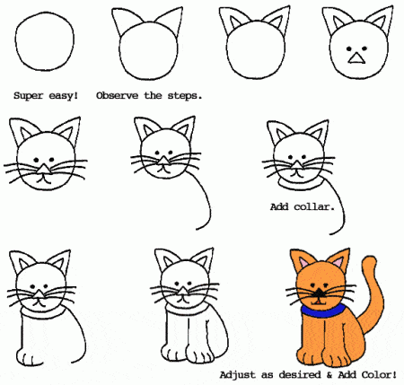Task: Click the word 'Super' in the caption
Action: tap(31, 93)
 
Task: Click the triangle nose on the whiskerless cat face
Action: tap(356, 59)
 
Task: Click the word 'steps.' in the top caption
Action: tap(183, 93)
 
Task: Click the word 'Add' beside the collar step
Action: tap(281, 206)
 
